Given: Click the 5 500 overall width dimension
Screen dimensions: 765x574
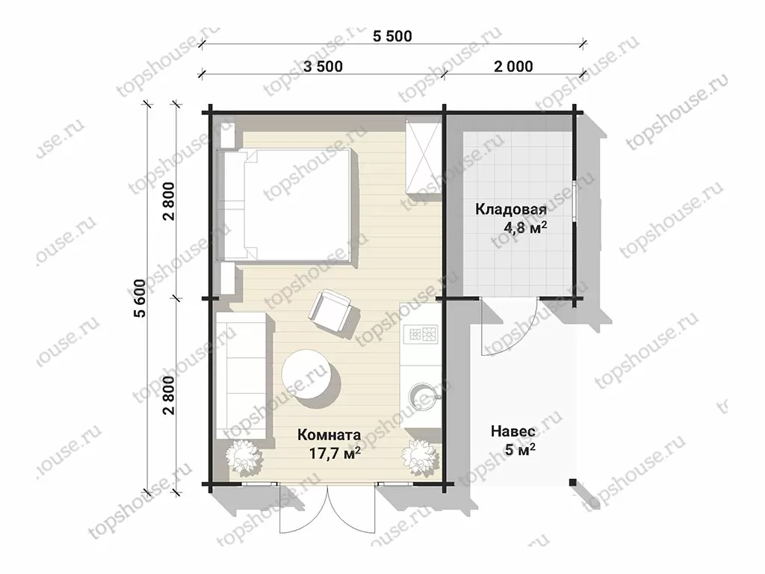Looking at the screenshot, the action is [x=392, y=36].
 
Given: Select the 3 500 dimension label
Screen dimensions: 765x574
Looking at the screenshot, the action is [x=323, y=67].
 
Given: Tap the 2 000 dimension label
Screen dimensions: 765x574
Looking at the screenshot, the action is [x=513, y=67].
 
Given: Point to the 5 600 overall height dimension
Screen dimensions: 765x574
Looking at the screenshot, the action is [x=140, y=298].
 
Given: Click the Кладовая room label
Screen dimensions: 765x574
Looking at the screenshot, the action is [x=511, y=210].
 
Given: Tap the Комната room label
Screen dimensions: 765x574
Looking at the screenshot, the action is [x=329, y=434].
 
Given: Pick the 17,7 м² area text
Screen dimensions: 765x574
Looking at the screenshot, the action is [x=335, y=453].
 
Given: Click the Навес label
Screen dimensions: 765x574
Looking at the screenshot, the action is [x=512, y=431].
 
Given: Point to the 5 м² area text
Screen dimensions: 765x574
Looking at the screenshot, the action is [x=520, y=449].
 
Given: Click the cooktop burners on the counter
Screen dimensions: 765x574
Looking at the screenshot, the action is [x=423, y=334].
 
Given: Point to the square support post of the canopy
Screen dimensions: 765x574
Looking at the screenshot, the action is [x=573, y=483].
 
